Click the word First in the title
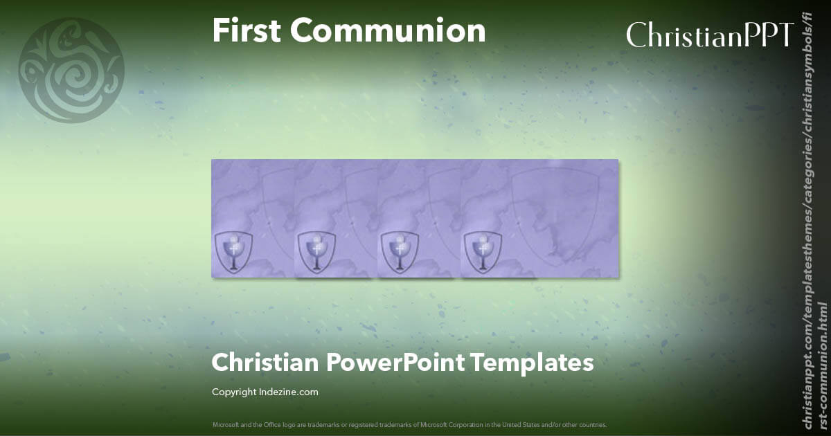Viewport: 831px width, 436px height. [x=246, y=31]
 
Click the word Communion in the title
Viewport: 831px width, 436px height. [x=388, y=31]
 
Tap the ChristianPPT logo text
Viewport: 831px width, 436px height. [x=710, y=35]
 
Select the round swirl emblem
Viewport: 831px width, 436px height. [x=71, y=71]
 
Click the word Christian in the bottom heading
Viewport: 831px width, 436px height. [x=262, y=363]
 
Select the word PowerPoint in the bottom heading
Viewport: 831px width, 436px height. [x=392, y=363]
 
